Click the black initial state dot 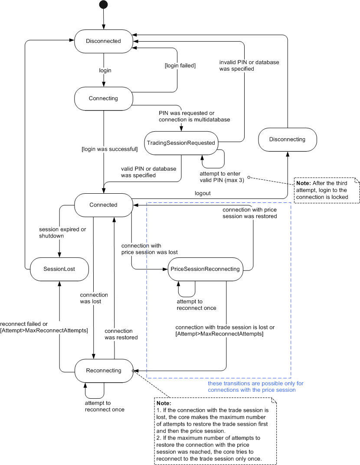click(103, 5)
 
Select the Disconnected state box click(103, 41)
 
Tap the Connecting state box click(103, 98)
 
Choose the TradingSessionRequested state click(181, 143)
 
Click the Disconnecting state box click(287, 140)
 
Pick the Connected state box click(103, 205)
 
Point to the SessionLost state click(59, 269)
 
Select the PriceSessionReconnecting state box click(205, 269)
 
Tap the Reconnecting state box click(103, 371)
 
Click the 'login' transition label click(105, 70)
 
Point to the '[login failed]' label click(180, 65)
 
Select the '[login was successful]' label click(110, 150)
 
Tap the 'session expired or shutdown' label click(59, 233)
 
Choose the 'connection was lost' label click(94, 298)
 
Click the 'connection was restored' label click(121, 334)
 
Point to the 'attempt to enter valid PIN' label click(225, 177)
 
